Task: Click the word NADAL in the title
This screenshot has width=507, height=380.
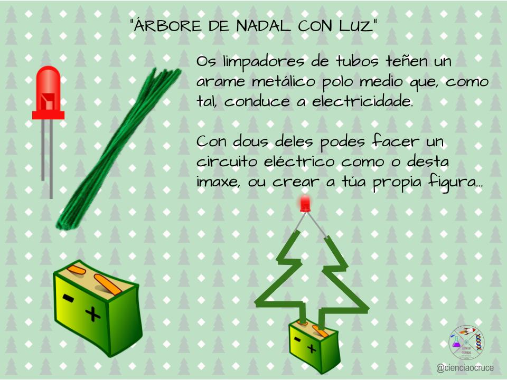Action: [x=263, y=26]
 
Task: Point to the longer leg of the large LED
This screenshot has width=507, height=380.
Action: [x=51, y=159]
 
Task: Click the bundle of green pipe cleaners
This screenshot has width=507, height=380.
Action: [x=118, y=149]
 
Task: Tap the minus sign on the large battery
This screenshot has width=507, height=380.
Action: [x=68, y=298]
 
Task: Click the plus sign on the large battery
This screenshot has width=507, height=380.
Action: [x=93, y=313]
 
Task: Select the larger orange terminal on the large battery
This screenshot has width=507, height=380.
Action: [x=108, y=284]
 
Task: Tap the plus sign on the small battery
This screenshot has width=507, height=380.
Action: [x=312, y=348]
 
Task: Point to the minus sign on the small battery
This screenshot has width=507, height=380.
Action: [x=297, y=339]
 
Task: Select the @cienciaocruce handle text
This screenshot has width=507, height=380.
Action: [x=465, y=368]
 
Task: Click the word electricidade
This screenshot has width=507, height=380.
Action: [x=362, y=102]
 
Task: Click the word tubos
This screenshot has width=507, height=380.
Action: [x=357, y=61]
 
